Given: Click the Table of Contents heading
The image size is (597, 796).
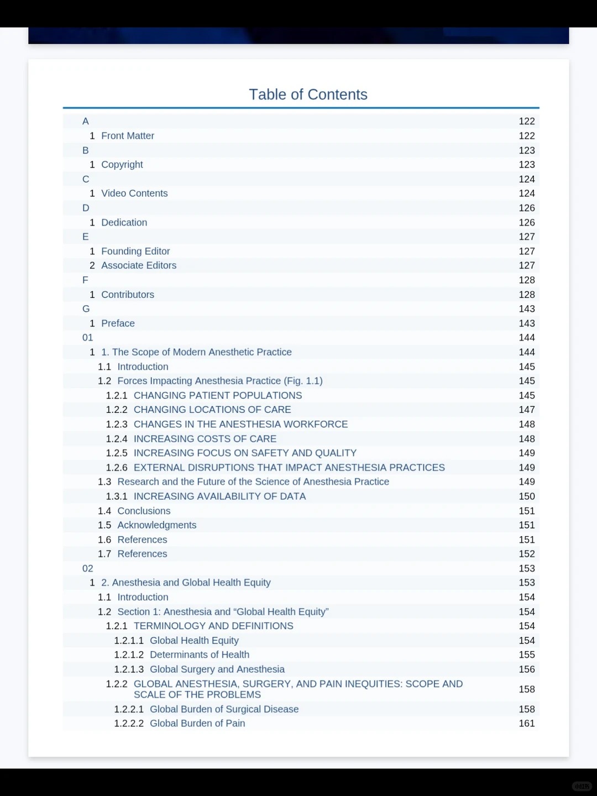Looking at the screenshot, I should [308, 95].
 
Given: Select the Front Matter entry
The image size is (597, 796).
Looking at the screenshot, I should [128, 136].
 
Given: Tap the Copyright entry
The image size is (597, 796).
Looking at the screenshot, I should [122, 165].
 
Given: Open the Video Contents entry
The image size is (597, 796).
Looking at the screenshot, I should [134, 193].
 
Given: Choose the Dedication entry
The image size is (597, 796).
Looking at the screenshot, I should [124, 222].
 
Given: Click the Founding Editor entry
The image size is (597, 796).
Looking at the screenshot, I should [135, 251].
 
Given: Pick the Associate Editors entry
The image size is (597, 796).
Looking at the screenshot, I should [139, 265].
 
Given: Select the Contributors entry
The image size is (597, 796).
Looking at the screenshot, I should [128, 295].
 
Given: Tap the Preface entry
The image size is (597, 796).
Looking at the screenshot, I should [118, 323].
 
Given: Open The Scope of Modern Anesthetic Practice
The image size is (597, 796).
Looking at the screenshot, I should [196, 352].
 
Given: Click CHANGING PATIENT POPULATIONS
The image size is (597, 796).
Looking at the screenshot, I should [218, 395].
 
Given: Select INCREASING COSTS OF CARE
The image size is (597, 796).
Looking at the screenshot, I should [205, 439].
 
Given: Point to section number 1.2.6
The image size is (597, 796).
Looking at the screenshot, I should [117, 468].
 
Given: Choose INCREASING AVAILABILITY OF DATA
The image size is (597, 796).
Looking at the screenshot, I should [219, 496].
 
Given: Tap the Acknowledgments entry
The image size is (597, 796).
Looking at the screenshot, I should [157, 525].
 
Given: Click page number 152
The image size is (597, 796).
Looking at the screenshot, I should [526, 554].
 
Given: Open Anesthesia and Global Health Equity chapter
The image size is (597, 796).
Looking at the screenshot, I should [186, 583].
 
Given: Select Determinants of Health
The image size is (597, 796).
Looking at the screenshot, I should [200, 654].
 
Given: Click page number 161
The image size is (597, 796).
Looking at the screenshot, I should [526, 724].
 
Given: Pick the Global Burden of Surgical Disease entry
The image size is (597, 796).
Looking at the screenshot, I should [224, 709].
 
